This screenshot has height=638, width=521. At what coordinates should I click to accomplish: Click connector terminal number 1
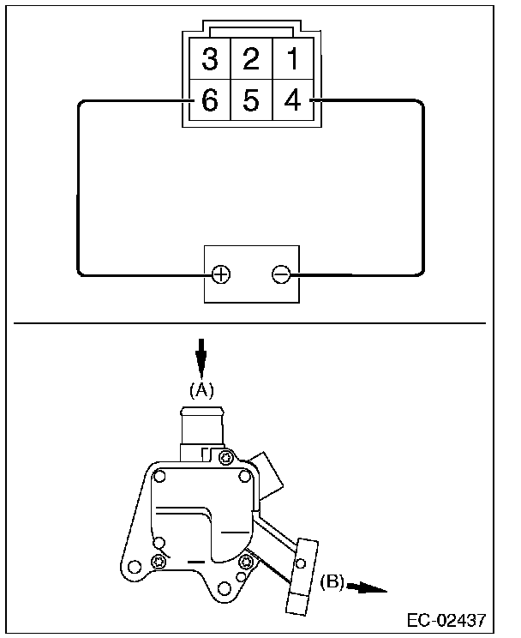(292, 60)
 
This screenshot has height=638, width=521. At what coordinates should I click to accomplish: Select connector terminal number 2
(250, 60)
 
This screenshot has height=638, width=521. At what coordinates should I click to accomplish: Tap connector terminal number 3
(209, 60)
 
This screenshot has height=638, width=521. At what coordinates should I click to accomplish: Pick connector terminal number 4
(292, 102)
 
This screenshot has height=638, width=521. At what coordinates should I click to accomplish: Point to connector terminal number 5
(250, 102)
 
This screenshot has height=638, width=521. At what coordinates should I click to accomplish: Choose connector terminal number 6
(209, 102)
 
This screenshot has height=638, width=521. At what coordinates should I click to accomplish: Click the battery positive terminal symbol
(221, 274)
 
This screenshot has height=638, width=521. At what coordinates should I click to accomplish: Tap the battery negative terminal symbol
(280, 274)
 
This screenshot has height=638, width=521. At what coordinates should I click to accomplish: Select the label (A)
(201, 389)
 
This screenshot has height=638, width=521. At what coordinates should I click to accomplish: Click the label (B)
(332, 583)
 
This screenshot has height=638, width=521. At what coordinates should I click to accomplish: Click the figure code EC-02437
(446, 619)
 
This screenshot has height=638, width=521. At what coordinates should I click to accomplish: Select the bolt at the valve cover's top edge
(225, 457)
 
